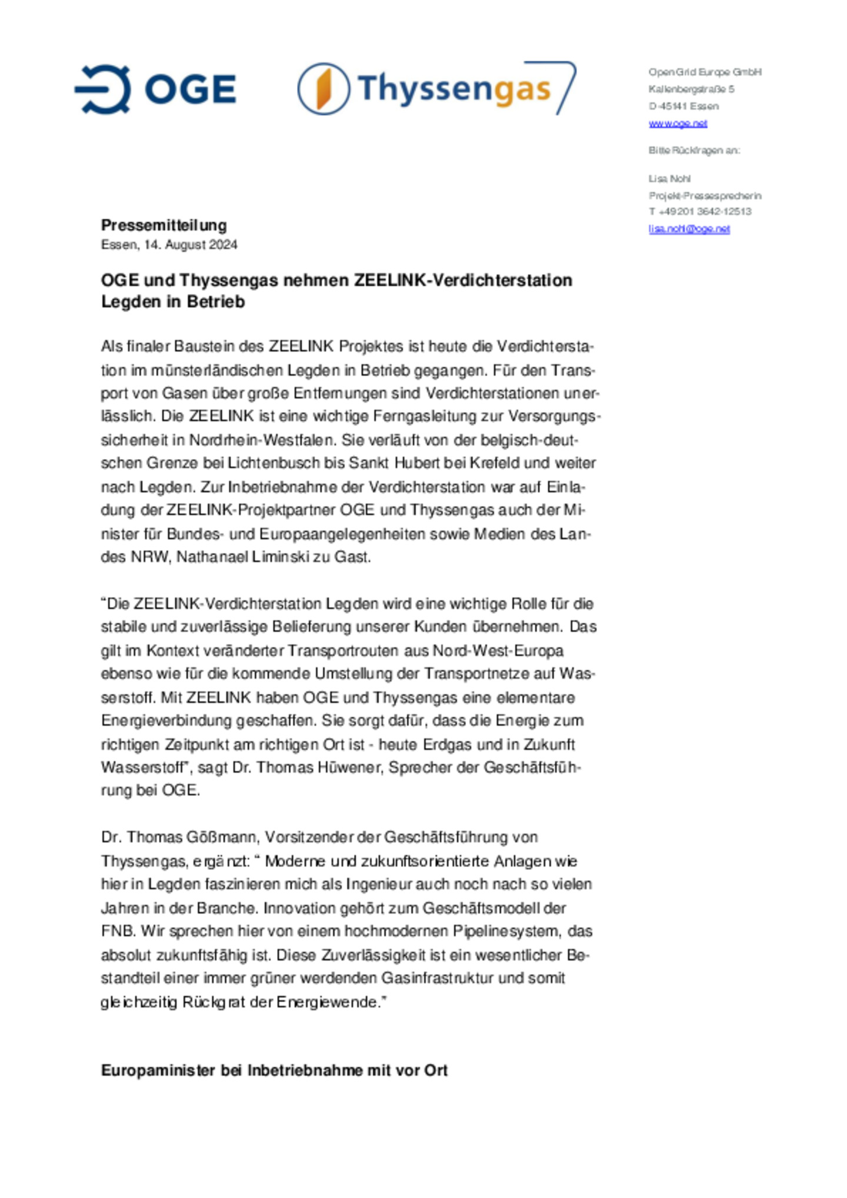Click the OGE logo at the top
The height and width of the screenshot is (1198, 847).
[x=155, y=89]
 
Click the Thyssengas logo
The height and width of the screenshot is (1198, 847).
[x=436, y=89]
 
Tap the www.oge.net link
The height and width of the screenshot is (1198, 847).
[x=678, y=123]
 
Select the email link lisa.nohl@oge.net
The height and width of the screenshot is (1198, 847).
[x=689, y=229]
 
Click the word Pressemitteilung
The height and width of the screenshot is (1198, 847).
[x=164, y=225]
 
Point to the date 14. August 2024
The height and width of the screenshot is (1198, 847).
[x=191, y=245]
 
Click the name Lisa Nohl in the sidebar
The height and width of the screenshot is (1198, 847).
[x=669, y=179]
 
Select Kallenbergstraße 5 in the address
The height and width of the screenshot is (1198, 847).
[x=691, y=89]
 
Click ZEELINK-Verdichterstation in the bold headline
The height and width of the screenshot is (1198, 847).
[x=462, y=280]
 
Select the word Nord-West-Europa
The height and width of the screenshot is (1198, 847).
[x=498, y=651]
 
